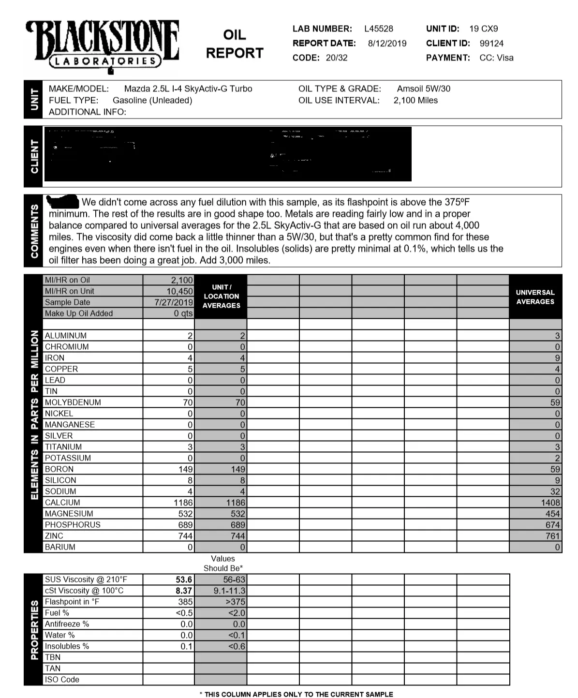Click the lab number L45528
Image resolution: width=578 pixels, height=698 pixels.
point(378,29)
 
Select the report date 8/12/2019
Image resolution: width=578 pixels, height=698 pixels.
point(387,44)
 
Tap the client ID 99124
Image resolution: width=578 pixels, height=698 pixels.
point(491,44)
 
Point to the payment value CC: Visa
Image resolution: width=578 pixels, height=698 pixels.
point(496,58)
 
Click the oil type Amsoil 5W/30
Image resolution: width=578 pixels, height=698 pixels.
point(423,89)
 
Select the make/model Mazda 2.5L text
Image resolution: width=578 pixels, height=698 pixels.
point(188,89)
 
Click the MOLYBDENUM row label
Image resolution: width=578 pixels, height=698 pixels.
point(73,402)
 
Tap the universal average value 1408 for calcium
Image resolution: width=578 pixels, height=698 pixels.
point(550,503)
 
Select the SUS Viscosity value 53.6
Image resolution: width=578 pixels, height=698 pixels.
point(184,579)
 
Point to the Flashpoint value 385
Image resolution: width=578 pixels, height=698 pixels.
point(185,602)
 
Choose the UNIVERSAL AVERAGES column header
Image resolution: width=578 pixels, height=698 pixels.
point(535,297)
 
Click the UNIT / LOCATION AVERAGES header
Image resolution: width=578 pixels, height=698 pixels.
point(221,297)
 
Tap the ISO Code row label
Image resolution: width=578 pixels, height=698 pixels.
point(62,680)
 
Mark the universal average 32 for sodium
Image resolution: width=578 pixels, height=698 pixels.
point(555,491)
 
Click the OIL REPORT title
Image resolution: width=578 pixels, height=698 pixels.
point(235,44)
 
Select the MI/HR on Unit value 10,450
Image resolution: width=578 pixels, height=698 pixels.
point(179,291)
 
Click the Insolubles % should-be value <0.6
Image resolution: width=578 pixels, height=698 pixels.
point(237,646)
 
